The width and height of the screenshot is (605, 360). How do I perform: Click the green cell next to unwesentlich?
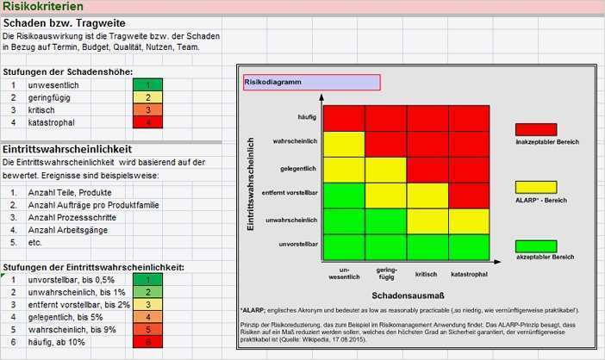[148, 85]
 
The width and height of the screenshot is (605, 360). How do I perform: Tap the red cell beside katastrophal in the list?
[148, 122]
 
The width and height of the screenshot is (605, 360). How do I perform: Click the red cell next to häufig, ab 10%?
[148, 342]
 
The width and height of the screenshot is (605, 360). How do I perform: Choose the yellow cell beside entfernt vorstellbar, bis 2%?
[148, 305]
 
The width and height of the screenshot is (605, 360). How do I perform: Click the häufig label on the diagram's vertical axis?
[306, 116]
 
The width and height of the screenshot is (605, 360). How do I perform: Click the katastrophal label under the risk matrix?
[469, 274]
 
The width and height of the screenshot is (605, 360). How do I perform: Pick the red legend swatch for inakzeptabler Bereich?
[535, 129]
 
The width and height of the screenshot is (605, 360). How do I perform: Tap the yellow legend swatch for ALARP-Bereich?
[535, 187]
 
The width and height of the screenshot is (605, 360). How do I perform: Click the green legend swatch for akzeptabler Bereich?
[535, 245]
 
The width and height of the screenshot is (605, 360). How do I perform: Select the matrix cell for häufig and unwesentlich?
[344, 117]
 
